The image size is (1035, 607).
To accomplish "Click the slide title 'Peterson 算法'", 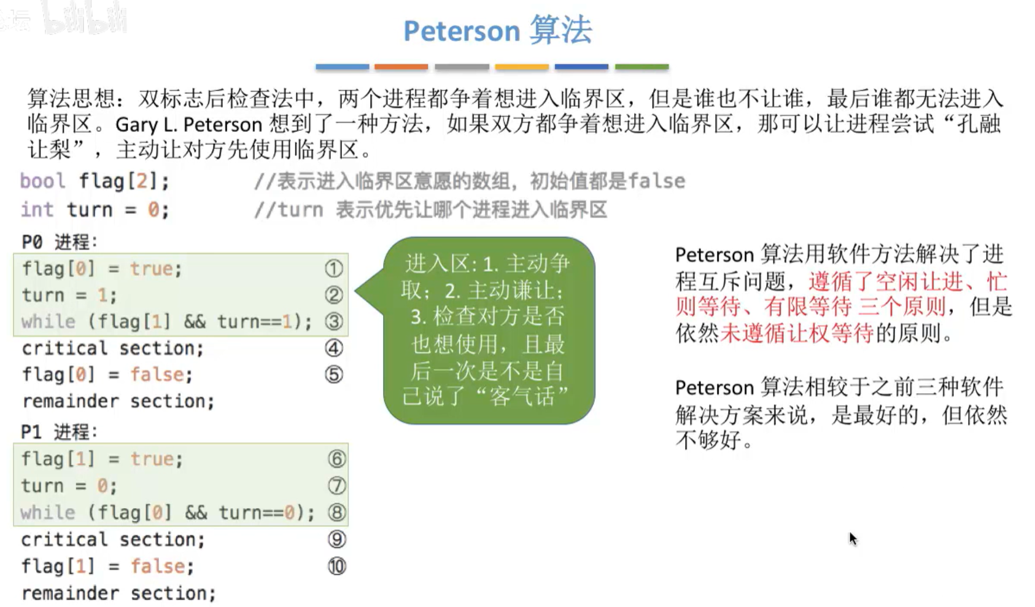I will (x=497, y=31).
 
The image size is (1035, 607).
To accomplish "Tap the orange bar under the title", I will (x=401, y=66).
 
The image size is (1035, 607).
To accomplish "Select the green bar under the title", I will (x=642, y=66).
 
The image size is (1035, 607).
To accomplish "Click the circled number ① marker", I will (x=333, y=268).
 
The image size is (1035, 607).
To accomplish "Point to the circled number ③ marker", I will (x=333, y=321).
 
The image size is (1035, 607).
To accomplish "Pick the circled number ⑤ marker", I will (x=333, y=374).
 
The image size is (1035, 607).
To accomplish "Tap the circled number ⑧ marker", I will (x=336, y=512).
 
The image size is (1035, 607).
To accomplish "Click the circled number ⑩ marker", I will (x=336, y=566).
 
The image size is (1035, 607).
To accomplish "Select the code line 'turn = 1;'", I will (x=69, y=296).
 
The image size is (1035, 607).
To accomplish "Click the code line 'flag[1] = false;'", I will (x=107, y=566).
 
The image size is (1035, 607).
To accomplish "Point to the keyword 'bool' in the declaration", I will (x=42, y=181).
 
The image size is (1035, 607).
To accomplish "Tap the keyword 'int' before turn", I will (x=37, y=210).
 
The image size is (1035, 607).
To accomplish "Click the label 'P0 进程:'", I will (x=59, y=242).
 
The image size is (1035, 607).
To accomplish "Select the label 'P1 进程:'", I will (x=59, y=432).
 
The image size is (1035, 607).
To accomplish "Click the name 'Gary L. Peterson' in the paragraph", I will (x=189, y=125).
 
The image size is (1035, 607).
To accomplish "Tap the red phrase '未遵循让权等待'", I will (x=796, y=333).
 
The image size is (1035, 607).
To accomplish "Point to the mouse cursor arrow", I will (x=852, y=538).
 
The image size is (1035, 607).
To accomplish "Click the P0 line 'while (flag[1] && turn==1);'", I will (x=166, y=322).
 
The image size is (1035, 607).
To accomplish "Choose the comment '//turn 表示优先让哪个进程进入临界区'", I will (x=430, y=210).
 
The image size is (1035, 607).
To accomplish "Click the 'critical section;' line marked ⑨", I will (x=113, y=539).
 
